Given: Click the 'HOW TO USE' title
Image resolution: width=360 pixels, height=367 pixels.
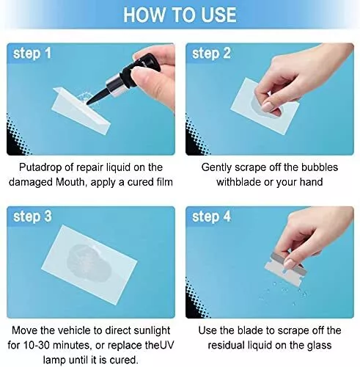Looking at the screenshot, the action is click(x=180, y=15).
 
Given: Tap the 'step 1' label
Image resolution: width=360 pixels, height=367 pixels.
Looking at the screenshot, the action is click(x=32, y=53).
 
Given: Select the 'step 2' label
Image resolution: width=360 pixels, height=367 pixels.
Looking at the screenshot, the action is click(x=211, y=53).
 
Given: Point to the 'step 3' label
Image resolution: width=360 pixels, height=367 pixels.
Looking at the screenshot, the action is click(x=32, y=217).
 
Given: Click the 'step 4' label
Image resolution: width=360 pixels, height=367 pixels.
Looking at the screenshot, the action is click(x=211, y=217).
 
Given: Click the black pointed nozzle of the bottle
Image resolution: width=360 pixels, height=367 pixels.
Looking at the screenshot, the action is click(x=98, y=97).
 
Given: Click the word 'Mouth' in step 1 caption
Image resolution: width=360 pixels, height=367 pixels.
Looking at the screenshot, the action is click(x=71, y=182).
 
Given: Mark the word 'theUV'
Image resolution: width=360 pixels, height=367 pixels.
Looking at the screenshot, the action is click(x=159, y=345).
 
